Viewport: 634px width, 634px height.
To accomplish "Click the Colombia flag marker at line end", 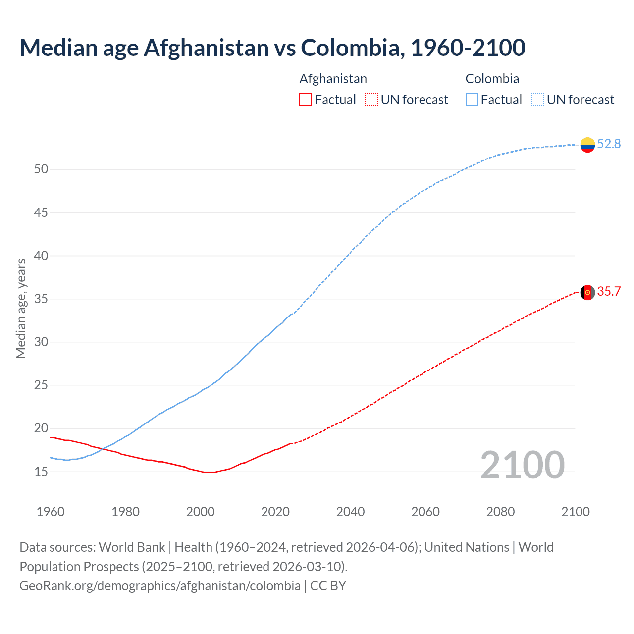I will (x=587, y=145).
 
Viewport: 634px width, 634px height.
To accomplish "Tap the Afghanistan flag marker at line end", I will (x=587, y=292).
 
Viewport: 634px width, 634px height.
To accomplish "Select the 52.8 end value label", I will (x=609, y=144).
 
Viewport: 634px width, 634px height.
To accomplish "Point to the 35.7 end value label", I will (x=609, y=291).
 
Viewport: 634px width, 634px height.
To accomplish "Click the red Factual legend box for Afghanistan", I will (x=306, y=100).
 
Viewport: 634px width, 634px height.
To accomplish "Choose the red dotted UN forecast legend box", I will (x=371, y=100).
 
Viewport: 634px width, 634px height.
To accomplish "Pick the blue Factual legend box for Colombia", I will (x=472, y=100).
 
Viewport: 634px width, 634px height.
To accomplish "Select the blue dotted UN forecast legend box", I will (x=537, y=100).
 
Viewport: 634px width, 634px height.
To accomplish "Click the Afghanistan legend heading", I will (x=333, y=79).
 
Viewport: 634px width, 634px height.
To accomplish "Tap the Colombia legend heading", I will (x=492, y=79).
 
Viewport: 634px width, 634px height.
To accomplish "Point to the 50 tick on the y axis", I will (x=41, y=169).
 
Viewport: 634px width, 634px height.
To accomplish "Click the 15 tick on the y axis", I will (x=41, y=472).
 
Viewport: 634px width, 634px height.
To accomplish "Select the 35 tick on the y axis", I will (x=41, y=299).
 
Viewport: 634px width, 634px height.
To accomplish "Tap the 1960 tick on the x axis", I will (x=51, y=512).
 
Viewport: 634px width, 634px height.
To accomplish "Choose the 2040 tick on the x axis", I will (x=350, y=512).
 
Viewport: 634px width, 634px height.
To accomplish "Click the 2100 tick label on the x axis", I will (x=575, y=512).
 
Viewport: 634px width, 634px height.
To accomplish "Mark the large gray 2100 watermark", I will (x=522, y=465).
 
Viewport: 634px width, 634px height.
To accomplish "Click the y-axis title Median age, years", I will (x=21, y=308).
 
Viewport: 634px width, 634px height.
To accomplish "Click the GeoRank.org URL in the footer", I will (x=160, y=586).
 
